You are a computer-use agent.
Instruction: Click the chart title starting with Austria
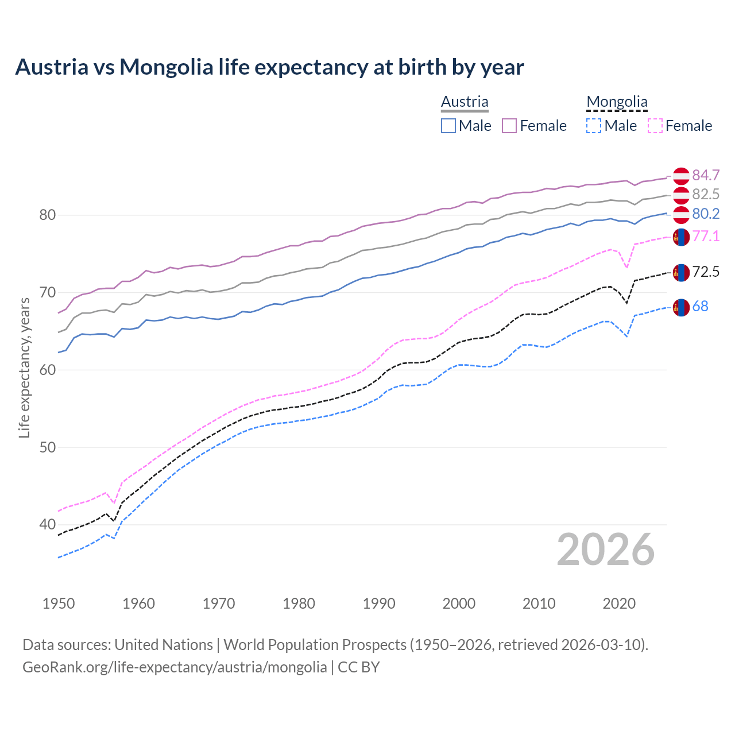click(x=269, y=67)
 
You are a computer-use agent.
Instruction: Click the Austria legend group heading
click(x=465, y=102)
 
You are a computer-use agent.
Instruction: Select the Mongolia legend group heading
click(x=617, y=102)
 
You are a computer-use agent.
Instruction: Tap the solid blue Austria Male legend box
click(x=448, y=126)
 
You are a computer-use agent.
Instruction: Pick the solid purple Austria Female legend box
click(x=509, y=126)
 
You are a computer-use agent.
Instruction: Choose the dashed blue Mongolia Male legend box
click(x=594, y=126)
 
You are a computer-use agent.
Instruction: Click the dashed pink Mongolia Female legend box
click(x=655, y=126)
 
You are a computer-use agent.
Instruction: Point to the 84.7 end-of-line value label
click(x=706, y=175)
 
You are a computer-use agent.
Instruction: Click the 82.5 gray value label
click(x=706, y=195)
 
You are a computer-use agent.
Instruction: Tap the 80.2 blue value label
click(x=706, y=214)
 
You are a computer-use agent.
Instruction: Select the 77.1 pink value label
click(x=706, y=236)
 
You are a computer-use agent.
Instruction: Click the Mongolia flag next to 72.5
click(x=681, y=272)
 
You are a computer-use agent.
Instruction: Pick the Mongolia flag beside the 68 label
click(x=681, y=307)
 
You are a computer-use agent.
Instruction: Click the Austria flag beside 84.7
click(x=681, y=176)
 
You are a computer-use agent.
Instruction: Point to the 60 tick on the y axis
click(x=48, y=370)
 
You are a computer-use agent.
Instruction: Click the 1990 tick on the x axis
click(x=378, y=604)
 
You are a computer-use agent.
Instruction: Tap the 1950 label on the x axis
click(x=59, y=604)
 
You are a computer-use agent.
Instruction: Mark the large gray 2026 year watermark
click(x=606, y=550)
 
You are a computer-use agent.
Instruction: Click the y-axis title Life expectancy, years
click(x=24, y=367)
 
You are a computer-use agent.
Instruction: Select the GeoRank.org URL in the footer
click(x=175, y=667)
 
